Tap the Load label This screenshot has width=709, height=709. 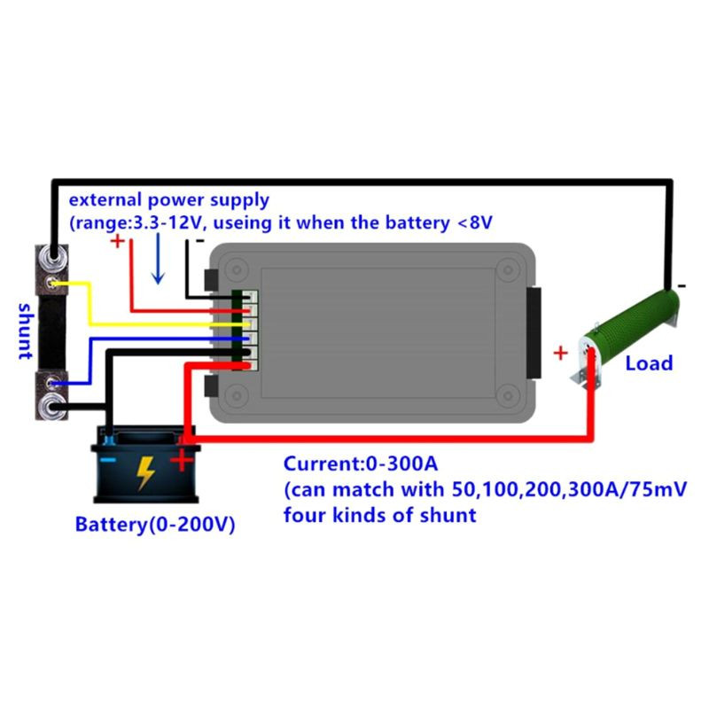click(649, 362)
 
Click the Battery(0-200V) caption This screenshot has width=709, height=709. click(154, 524)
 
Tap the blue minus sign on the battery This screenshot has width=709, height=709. click(107, 461)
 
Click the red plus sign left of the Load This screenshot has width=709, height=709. click(560, 353)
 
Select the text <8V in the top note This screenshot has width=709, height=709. click(473, 223)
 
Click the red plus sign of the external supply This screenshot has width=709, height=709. click(118, 241)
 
